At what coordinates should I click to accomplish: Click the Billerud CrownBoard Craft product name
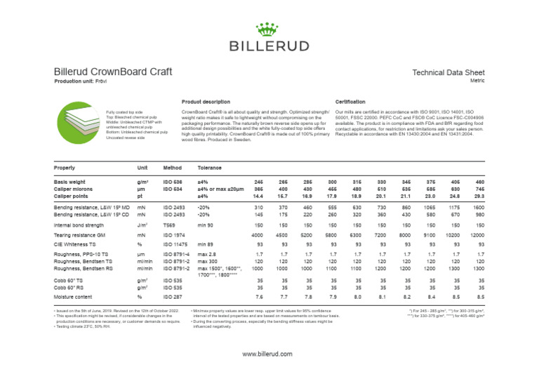(113, 72)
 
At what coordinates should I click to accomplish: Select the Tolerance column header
(210, 168)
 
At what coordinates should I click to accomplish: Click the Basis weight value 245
(258, 182)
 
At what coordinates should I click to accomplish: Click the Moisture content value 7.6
(258, 297)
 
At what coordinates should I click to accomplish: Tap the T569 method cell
(169, 225)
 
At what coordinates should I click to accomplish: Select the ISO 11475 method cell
(174, 244)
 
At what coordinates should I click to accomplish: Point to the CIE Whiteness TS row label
(79, 244)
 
